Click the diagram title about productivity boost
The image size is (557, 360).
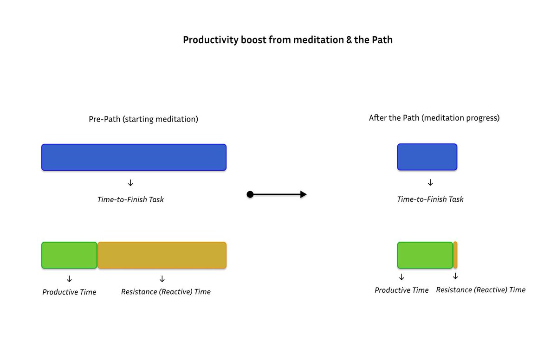click(x=287, y=40)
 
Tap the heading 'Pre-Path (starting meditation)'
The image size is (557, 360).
click(x=143, y=119)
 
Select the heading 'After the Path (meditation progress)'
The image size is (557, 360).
click(x=434, y=118)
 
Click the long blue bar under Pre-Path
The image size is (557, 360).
click(x=134, y=157)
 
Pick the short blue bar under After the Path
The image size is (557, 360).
click(x=427, y=157)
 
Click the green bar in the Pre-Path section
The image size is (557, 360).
click(x=69, y=255)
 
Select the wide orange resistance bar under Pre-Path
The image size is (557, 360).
click(x=162, y=255)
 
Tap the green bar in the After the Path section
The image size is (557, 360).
click(x=425, y=255)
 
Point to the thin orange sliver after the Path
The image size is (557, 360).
click(x=455, y=255)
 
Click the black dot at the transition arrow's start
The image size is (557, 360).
click(x=250, y=194)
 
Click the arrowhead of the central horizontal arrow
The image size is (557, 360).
click(x=303, y=194)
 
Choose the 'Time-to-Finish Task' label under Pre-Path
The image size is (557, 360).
click(x=130, y=200)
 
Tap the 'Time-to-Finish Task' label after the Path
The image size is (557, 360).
click(x=430, y=199)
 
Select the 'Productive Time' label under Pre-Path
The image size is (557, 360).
click(x=69, y=292)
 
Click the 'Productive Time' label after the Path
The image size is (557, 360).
click(x=402, y=290)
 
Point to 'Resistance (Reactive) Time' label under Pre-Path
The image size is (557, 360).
click(x=166, y=292)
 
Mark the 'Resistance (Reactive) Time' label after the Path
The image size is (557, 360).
click(x=480, y=290)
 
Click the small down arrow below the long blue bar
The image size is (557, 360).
click(x=130, y=183)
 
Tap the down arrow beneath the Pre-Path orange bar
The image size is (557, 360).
click(x=162, y=279)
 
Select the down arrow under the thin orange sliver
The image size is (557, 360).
click(x=455, y=276)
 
